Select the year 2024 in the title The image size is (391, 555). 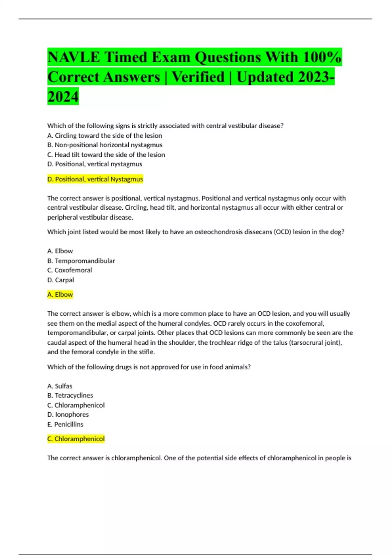click(x=63, y=97)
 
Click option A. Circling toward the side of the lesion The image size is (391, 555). click(x=105, y=135)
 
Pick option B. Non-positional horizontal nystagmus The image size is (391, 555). click(x=105, y=145)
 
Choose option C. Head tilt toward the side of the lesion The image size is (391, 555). click(x=106, y=155)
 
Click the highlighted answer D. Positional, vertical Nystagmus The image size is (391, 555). click(x=95, y=179)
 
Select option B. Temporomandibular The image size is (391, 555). click(x=81, y=261)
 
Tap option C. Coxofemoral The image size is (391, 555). click(x=70, y=270)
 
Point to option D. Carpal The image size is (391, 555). click(x=61, y=280)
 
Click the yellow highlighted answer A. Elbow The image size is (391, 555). click(x=60, y=295)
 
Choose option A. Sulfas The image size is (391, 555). click(x=60, y=386)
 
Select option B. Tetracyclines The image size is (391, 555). click(x=70, y=396)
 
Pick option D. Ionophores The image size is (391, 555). click(x=68, y=415)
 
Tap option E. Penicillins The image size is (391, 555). click(x=65, y=424)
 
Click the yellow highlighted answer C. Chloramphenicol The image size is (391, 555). click(x=76, y=439)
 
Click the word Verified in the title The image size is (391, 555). click(x=198, y=77)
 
